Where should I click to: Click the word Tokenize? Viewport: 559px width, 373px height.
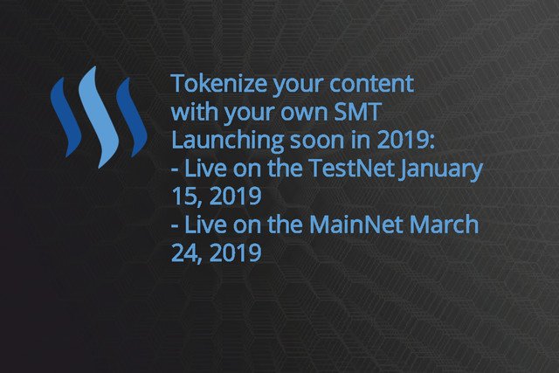point(219,83)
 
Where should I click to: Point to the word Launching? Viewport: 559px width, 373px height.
point(227,141)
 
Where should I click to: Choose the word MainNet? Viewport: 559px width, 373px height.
point(356,224)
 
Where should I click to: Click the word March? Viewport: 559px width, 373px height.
point(444,224)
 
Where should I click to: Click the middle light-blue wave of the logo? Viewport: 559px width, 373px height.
point(99,116)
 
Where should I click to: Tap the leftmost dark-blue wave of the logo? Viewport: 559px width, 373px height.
point(65,116)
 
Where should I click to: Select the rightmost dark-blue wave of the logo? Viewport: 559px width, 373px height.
point(132,116)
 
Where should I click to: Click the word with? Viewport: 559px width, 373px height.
point(195,112)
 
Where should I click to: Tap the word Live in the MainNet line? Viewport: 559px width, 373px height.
point(206,224)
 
